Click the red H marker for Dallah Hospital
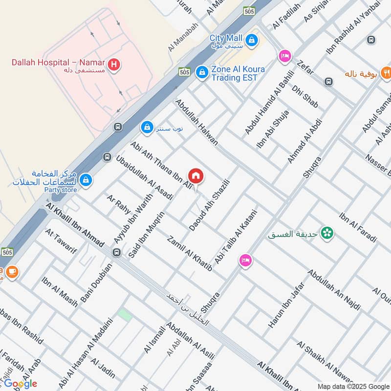[114, 64]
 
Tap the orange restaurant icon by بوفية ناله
[386, 74]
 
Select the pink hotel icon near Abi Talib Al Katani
[245, 261]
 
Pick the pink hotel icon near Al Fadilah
[284, 56]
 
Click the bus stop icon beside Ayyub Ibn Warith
[116, 252]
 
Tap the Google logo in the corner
[21, 383]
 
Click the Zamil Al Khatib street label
[189, 253]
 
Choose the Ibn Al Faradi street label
[358, 227]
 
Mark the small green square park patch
[125, 315]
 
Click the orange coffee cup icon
[11, 273]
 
